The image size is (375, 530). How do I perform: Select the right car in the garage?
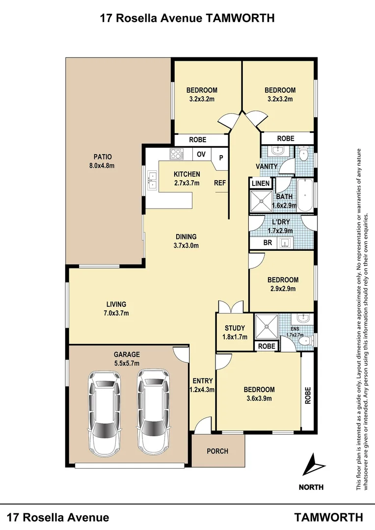pyautogui.click(x=154, y=411)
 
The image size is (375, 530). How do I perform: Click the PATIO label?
pyautogui.click(x=103, y=157)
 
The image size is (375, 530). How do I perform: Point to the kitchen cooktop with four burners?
pyautogui.click(x=176, y=154)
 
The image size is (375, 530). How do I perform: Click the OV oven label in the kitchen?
pyautogui.click(x=201, y=154)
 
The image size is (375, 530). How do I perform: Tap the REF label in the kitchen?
pyautogui.click(x=219, y=183)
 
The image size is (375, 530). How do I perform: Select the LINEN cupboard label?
pyautogui.click(x=260, y=184)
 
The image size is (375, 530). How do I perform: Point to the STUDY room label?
pyautogui.click(x=235, y=328)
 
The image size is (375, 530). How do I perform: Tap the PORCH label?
pyautogui.click(x=217, y=451)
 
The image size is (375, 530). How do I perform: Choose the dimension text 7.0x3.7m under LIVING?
pyautogui.click(x=115, y=313)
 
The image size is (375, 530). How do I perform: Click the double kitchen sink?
pyautogui.click(x=151, y=184)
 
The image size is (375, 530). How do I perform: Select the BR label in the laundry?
pyautogui.click(x=268, y=243)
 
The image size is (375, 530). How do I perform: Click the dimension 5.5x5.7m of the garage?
pyautogui.click(x=127, y=363)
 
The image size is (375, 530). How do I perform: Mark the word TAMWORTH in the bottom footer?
pyautogui.click(x=328, y=517)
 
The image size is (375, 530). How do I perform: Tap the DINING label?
pyautogui.click(x=186, y=237)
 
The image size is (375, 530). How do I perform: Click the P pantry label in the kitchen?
pyautogui.click(x=221, y=158)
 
